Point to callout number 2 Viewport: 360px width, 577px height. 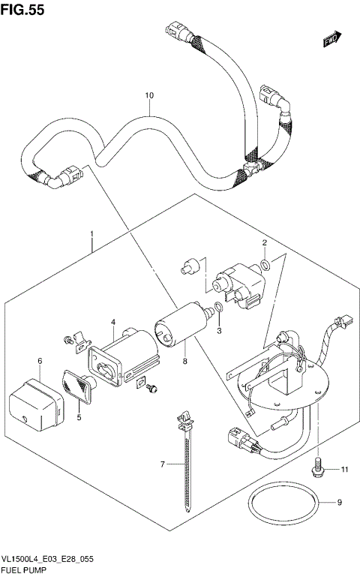[264, 242]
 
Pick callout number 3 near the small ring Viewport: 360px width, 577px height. [220, 330]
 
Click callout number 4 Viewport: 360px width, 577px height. [113, 322]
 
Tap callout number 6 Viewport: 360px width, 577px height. [40, 361]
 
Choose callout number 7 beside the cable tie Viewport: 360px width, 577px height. [161, 464]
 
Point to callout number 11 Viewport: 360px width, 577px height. [345, 470]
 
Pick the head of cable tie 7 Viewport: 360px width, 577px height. [182, 418]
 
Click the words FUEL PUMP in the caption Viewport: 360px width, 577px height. [26, 571]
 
